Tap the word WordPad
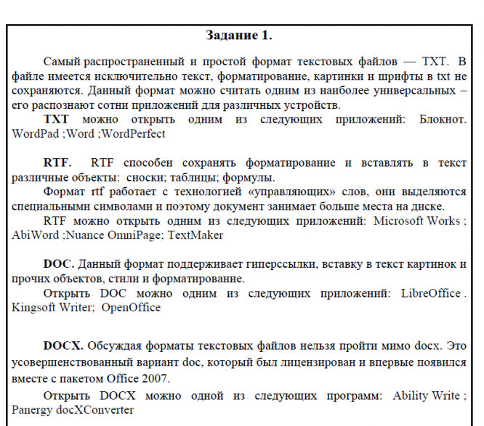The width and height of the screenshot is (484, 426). point(35,134)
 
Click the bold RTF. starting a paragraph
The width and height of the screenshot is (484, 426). point(57,163)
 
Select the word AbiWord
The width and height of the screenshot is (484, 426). point(36,235)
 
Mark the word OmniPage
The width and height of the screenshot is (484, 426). point(137,235)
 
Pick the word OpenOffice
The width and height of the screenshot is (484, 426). point(131,308)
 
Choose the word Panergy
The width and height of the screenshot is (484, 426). point(33,410)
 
